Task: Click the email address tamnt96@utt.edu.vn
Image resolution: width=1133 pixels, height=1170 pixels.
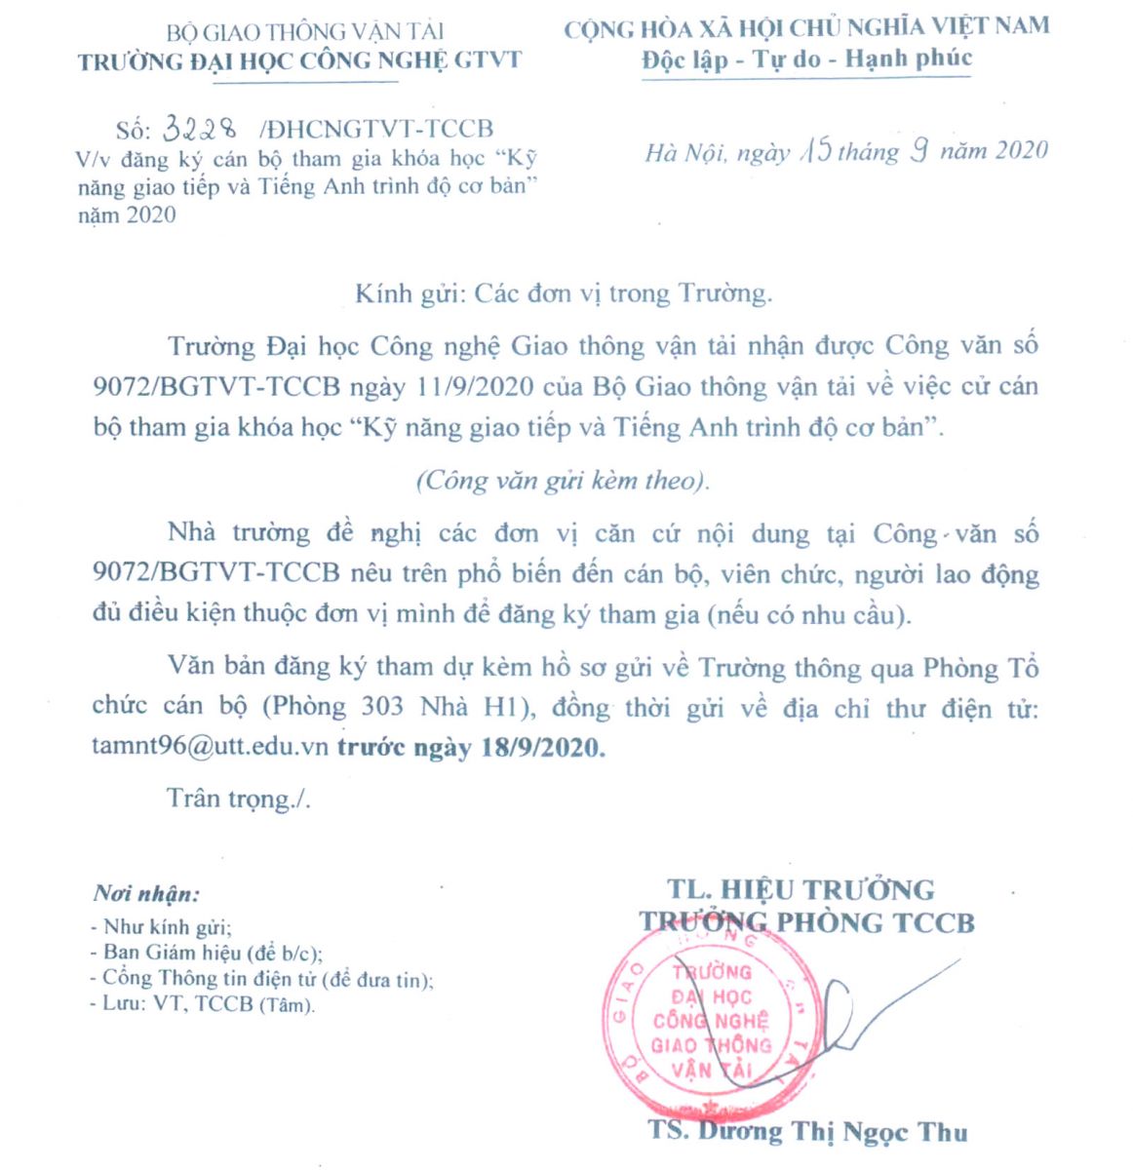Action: (x=212, y=748)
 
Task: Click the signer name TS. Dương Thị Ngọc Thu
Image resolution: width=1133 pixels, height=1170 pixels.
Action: (x=808, y=1132)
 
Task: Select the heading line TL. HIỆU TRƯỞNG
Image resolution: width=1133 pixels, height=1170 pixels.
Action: (x=801, y=889)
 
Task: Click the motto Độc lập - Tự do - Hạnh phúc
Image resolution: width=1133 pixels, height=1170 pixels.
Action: (x=806, y=58)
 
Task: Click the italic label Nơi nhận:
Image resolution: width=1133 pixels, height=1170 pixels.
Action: (x=146, y=893)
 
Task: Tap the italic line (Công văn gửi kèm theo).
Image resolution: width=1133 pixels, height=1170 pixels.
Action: (x=563, y=481)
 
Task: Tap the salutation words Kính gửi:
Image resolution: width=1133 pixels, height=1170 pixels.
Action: (x=408, y=292)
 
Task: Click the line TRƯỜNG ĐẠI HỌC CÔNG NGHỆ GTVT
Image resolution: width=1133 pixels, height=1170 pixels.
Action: (x=299, y=60)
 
